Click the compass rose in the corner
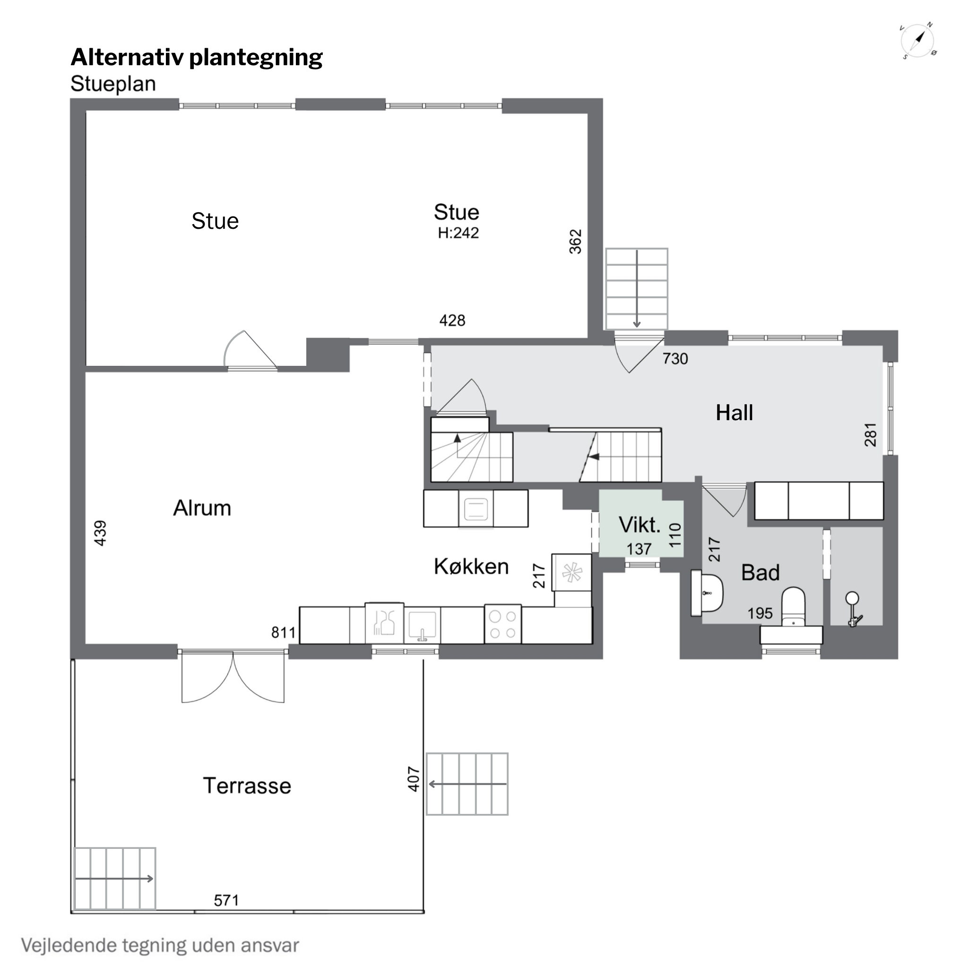[x=918, y=41]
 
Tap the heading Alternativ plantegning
[x=197, y=58]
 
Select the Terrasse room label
[x=247, y=786]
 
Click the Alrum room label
[x=202, y=508]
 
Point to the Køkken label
[x=471, y=566]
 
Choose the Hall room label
[x=734, y=413]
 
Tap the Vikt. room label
[x=640, y=525]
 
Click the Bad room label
[x=760, y=573]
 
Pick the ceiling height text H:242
[x=458, y=233]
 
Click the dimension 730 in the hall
[x=675, y=359]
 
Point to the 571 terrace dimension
[x=226, y=900]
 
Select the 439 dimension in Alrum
[x=100, y=533]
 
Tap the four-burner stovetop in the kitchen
[x=502, y=624]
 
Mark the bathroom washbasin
[x=707, y=593]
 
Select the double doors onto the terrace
[x=233, y=676]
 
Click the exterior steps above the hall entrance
[x=636, y=289]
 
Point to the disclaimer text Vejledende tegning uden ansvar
[x=160, y=945]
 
